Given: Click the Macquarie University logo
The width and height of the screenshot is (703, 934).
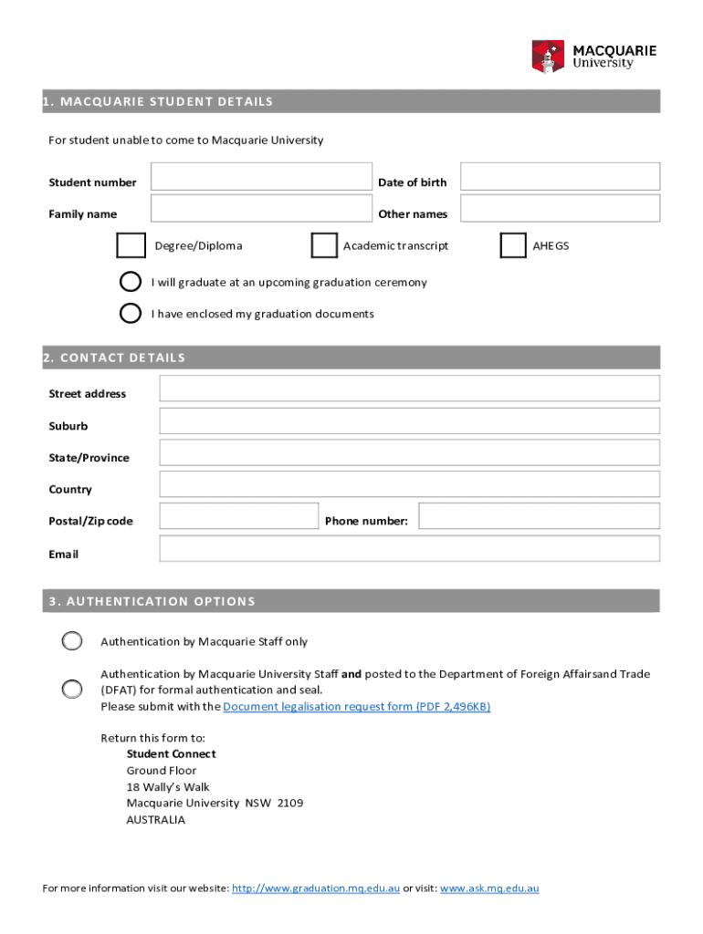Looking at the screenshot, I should [593, 56].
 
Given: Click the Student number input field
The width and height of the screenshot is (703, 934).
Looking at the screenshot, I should [261, 177].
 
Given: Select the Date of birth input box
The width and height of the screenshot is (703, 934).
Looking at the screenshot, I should [559, 177].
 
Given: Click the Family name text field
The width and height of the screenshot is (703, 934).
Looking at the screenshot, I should [261, 209].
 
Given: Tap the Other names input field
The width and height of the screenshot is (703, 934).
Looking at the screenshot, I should [559, 209].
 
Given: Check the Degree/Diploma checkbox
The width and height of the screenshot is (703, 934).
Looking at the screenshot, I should [131, 246].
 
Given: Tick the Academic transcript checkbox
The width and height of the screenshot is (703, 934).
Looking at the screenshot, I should [323, 246].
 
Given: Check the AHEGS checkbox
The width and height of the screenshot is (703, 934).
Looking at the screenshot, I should [513, 246].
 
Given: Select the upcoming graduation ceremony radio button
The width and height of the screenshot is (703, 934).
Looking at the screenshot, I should [131, 282].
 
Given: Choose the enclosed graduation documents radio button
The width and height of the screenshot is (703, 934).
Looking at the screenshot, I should [131, 313].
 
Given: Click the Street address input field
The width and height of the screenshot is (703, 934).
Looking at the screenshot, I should [409, 389].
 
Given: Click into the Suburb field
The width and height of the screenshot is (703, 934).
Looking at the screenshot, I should [409, 420].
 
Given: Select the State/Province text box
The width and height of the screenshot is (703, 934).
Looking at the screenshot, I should [409, 452].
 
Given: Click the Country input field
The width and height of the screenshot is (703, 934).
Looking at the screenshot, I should [409, 484].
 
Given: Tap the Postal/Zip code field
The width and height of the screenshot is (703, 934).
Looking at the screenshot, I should [238, 516].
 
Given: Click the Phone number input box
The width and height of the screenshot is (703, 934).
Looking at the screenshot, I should [539, 516].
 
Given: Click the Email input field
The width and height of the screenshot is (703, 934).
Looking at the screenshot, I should [409, 549].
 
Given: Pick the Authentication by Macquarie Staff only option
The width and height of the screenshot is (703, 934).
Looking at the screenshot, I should [72, 641].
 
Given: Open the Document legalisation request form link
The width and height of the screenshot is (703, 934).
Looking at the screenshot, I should [356, 707].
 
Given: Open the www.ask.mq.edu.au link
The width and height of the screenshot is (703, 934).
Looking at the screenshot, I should [489, 888].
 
